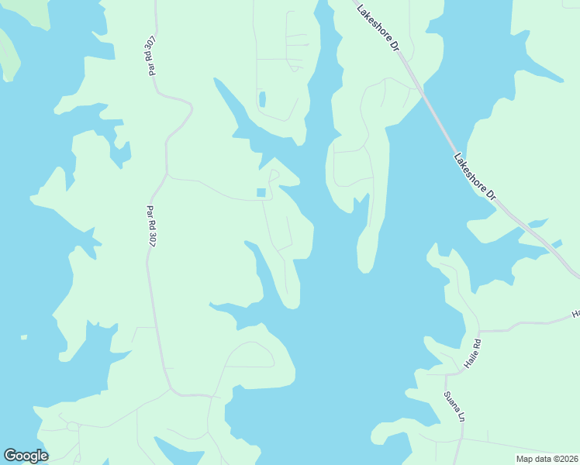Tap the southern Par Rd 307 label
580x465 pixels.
(152, 224)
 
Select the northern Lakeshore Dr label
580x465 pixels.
(378, 28)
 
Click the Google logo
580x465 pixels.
(26, 456)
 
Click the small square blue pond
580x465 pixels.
(261, 193)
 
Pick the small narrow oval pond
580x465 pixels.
(262, 99)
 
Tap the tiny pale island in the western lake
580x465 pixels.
(23, 337)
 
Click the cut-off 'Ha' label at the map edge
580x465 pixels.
(575, 314)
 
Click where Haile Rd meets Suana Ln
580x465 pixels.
(446, 376)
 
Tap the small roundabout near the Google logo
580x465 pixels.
(72, 425)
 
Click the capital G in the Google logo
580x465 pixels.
(10, 456)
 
